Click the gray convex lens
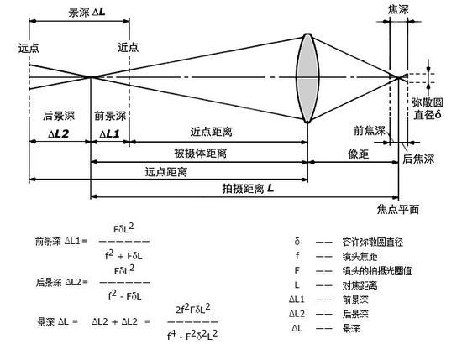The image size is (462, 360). pyautogui.click(x=307, y=78)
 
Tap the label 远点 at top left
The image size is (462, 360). pyautogui.click(x=29, y=48)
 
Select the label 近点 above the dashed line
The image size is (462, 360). pyautogui.click(x=129, y=47)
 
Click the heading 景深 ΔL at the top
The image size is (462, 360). pyautogui.click(x=87, y=12)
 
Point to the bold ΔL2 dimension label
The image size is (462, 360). pyautogui.click(x=58, y=134)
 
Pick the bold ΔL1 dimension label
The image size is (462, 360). pyautogui.click(x=109, y=134)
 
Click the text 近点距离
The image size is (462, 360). pyautogui.click(x=211, y=132)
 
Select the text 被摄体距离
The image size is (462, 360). pyautogui.click(x=201, y=153)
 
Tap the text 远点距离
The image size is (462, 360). pyautogui.click(x=165, y=172)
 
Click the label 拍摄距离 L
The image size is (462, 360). pyautogui.click(x=248, y=188)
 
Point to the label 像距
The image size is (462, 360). pyautogui.click(x=359, y=154)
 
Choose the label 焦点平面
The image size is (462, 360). pyautogui.click(x=398, y=209)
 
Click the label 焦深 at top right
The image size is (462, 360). pyautogui.click(x=398, y=9)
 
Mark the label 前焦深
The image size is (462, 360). pyautogui.click(x=370, y=130)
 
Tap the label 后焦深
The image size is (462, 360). pyautogui.click(x=418, y=159)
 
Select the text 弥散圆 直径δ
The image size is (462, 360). pyautogui.click(x=428, y=108)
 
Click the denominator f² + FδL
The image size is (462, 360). pyautogui.click(x=123, y=255)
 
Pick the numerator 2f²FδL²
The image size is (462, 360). pyautogui.click(x=193, y=309)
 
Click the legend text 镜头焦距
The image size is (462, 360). pyautogui.click(x=360, y=257)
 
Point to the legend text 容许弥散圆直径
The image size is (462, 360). pyautogui.click(x=372, y=242)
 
